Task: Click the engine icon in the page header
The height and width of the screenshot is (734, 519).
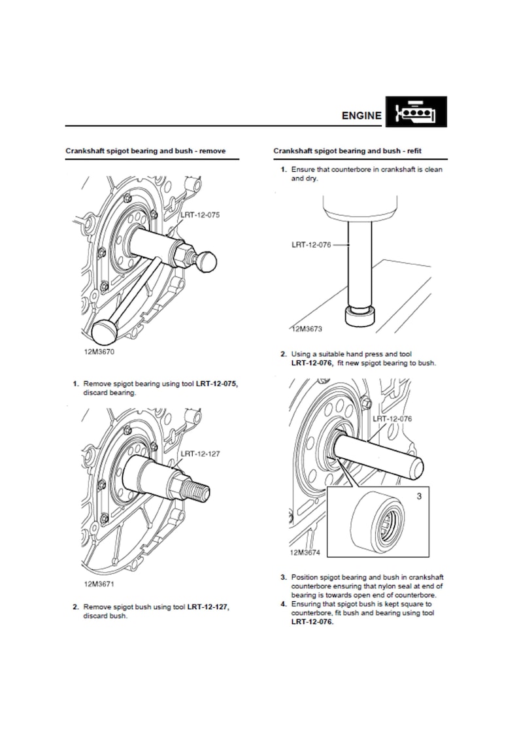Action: [416, 112]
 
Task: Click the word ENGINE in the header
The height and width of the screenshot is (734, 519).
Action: [361, 116]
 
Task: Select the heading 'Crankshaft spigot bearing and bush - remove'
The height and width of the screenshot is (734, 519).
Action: [146, 151]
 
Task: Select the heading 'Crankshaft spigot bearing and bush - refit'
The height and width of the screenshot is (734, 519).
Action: [347, 151]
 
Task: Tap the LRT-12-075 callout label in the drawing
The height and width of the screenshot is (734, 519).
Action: [200, 215]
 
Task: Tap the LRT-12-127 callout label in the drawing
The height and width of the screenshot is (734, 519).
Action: [200, 454]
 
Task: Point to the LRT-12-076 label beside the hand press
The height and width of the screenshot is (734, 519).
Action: [311, 244]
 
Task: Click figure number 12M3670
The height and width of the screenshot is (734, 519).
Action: [99, 352]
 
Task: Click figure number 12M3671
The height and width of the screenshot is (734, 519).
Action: [99, 584]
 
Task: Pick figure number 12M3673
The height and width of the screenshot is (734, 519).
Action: [307, 329]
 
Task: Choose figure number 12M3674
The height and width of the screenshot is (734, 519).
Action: [305, 552]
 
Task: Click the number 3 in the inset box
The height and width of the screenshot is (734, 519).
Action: [419, 495]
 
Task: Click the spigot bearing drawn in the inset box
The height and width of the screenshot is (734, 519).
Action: [377, 520]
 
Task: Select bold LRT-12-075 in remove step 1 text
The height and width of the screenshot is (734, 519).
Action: [216, 384]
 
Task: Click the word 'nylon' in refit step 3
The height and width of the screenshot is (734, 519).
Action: [389, 586]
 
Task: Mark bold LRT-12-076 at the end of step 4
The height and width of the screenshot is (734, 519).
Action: [312, 622]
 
